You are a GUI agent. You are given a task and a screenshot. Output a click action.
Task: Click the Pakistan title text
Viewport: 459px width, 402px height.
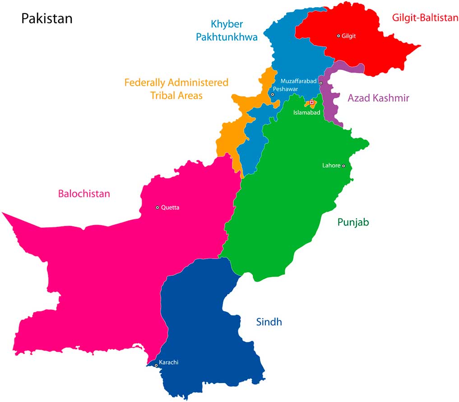(x=47, y=19)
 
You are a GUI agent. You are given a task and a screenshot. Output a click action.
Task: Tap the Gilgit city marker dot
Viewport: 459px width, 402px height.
(x=338, y=36)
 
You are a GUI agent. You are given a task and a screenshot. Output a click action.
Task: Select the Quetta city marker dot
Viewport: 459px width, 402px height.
(x=158, y=208)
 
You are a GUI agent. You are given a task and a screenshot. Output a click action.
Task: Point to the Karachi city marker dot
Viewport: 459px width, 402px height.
(x=156, y=365)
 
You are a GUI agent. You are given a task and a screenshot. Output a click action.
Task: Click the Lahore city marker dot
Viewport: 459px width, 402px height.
(x=343, y=166)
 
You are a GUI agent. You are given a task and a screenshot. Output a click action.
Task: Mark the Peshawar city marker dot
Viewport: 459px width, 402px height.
(x=273, y=94)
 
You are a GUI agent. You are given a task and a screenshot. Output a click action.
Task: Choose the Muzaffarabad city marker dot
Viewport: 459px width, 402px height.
(x=321, y=83)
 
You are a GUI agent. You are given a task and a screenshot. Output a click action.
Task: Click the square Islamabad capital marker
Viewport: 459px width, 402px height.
(x=311, y=102)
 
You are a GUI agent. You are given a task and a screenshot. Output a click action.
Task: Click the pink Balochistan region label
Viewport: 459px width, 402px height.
(x=84, y=194)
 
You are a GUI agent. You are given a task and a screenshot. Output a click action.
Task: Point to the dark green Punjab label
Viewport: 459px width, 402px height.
(x=353, y=222)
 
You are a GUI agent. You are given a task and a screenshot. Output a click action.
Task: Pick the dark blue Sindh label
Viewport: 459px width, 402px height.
(x=269, y=322)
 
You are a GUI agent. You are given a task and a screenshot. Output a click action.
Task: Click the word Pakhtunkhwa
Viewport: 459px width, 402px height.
(x=227, y=37)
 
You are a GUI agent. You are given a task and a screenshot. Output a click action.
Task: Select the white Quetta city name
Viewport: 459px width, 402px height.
(x=170, y=208)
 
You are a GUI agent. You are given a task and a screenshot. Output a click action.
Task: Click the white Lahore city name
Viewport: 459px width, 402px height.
(x=331, y=166)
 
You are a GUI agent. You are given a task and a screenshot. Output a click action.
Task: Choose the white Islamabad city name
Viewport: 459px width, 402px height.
(x=306, y=113)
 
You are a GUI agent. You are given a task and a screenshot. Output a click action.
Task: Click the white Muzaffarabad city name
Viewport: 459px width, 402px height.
(x=299, y=81)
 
